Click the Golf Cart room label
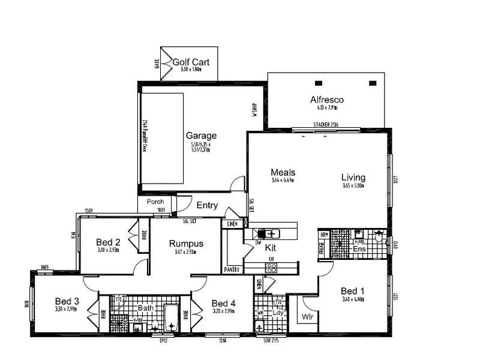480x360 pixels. tap(191, 62)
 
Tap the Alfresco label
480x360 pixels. tap(327, 100)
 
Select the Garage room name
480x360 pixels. tap(201, 136)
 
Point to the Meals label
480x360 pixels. tap(283, 172)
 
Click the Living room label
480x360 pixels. tap(353, 177)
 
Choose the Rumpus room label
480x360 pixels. tap(185, 244)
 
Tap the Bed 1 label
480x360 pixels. tap(353, 288)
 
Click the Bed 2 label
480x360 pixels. tap(109, 242)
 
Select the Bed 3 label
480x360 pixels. tap(67, 301)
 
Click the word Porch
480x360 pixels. tap(155, 202)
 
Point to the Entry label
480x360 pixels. tap(207, 205)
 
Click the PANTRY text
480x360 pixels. tap(232, 269)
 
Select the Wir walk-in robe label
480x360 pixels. tap(308, 316)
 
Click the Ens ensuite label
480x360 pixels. tap(359, 248)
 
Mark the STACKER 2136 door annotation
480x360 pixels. tap(326, 125)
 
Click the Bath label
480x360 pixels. tap(146, 308)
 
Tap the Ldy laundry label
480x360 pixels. tap(278, 313)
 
